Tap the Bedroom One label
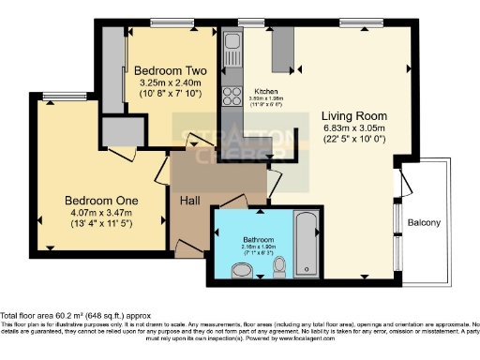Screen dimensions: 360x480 [x=101, y=200]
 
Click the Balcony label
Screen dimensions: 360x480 [x=426, y=222]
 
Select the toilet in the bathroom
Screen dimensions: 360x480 [x=277, y=269]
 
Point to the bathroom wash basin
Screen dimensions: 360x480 [x=242, y=272]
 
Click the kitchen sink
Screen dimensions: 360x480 [x=232, y=44]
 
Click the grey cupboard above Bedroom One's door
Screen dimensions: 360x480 [x=119, y=128]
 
